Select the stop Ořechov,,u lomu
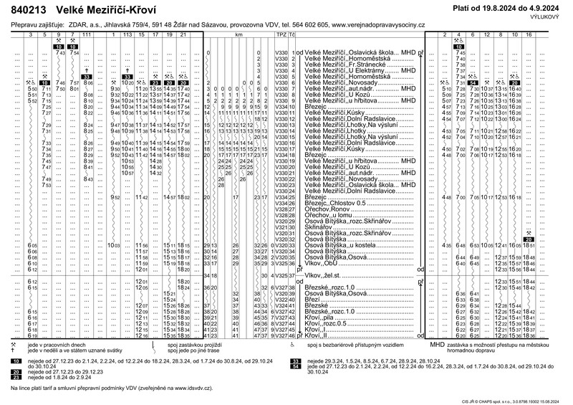pyautogui.click(x=331, y=215)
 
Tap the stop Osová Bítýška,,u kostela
pyautogui.click(x=344, y=246)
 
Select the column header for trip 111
pyautogui.click(x=87, y=34)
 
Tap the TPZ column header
pyautogui.click(x=281, y=34)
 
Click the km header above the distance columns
pyautogui.click(x=239, y=34)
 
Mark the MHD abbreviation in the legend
pyautogui.click(x=437, y=345)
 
